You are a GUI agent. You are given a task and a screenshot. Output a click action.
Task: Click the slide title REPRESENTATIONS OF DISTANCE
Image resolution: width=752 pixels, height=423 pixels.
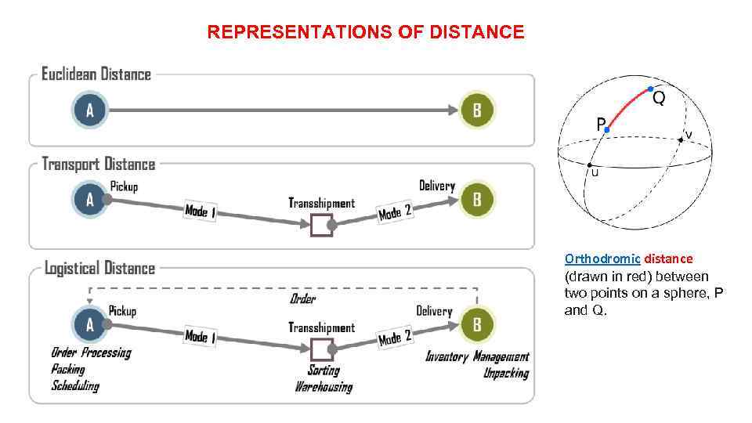tap(366, 32)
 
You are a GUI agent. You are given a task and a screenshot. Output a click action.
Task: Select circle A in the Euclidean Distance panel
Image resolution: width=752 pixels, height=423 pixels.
tap(89, 110)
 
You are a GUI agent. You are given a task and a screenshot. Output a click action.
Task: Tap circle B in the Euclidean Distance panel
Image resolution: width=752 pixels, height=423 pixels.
tap(477, 110)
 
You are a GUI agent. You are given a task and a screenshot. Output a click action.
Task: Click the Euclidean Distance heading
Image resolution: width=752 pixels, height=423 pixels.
tap(96, 74)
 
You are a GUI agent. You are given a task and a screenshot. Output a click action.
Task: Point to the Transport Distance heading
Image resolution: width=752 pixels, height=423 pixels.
tap(98, 164)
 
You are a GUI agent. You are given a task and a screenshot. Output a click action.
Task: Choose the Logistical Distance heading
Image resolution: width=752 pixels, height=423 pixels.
tap(99, 268)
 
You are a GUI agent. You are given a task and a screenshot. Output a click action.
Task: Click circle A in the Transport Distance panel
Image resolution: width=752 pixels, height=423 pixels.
tap(89, 199)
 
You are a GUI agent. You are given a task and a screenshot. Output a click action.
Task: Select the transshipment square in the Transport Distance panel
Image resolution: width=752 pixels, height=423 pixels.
tap(321, 226)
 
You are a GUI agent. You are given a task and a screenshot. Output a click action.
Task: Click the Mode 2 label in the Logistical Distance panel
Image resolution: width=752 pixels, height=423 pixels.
tap(395, 338)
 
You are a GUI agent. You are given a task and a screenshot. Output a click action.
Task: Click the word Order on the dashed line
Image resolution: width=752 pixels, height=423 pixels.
tap(302, 299)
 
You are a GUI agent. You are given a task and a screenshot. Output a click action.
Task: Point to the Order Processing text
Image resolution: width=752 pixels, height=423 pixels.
tap(91, 352)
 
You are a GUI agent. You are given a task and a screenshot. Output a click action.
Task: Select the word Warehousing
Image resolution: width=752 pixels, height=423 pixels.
tap(324, 386)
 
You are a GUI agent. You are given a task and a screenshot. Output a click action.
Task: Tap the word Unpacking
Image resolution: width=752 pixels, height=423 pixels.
tap(505, 373)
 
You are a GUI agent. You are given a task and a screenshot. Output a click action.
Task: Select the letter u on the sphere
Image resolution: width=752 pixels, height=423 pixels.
tap(595, 173)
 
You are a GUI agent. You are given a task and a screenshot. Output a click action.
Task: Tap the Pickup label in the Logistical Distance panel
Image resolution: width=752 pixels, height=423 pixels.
tap(122, 311)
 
